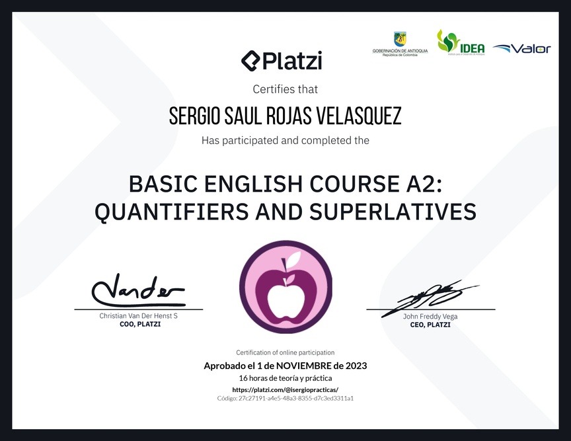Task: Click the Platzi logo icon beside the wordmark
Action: [x=251, y=61]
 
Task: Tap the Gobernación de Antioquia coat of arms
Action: [x=400, y=40]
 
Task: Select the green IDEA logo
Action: [x=461, y=42]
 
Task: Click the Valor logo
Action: [x=521, y=48]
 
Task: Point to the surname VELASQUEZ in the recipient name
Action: [x=359, y=116]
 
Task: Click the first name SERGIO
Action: [x=194, y=116]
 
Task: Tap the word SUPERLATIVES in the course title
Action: [x=393, y=212]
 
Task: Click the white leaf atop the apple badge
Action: [x=293, y=260]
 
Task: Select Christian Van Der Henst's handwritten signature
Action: [x=138, y=290]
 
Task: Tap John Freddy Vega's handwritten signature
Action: [x=430, y=298]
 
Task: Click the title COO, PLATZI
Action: [x=140, y=324]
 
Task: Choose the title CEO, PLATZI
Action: [x=430, y=325]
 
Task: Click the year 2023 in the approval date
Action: [x=356, y=366]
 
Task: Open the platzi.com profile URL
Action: [x=285, y=389]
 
